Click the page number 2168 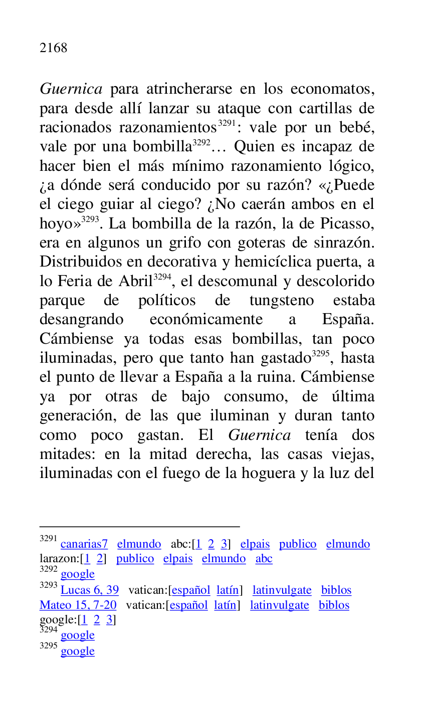coord(53,48)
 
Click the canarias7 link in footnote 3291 coord(84,544)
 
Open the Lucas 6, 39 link coord(90,590)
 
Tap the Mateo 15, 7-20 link coord(78,605)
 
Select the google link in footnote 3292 coord(77,574)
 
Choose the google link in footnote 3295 coord(77,651)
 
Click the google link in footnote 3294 coord(77,635)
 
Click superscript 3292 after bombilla coord(201,143)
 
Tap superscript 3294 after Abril coord(162,277)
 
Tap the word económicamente coord(206,320)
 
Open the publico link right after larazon coord(135,559)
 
